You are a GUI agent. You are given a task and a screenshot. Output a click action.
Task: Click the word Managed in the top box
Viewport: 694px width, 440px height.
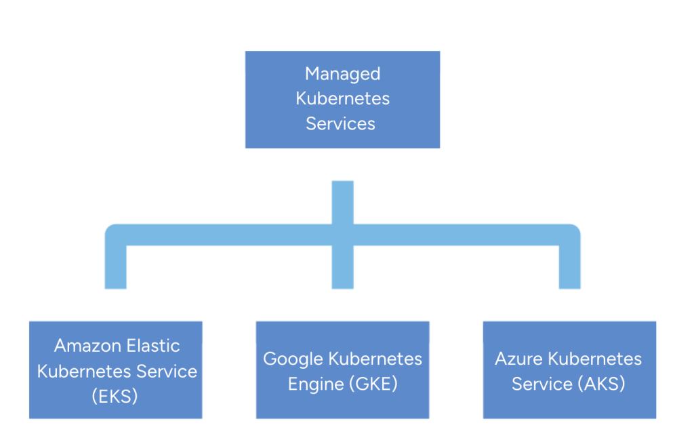click(x=342, y=74)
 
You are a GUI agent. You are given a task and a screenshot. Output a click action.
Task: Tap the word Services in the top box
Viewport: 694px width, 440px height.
click(x=340, y=123)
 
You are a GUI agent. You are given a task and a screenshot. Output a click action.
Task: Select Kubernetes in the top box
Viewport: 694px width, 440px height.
click(x=342, y=99)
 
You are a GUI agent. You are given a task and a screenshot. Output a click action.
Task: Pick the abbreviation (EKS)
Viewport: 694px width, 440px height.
click(x=115, y=396)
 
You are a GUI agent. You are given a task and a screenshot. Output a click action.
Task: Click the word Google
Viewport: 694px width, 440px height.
click(x=293, y=359)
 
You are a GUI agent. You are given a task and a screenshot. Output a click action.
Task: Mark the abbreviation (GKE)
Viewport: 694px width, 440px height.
click(x=373, y=384)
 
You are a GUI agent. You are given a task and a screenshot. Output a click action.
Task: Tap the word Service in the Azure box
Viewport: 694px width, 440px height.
click(x=542, y=384)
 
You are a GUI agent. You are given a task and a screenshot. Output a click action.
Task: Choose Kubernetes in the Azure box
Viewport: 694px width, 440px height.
click(x=596, y=359)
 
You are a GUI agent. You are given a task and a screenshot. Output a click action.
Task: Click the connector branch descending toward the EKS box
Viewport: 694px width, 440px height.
click(x=115, y=268)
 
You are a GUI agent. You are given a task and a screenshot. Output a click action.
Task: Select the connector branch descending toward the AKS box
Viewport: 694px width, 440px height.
click(x=570, y=268)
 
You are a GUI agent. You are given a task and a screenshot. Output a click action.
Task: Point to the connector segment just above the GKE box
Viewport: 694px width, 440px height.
click(x=342, y=271)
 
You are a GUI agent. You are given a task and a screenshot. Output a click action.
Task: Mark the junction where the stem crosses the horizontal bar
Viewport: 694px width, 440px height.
click(x=342, y=234)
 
